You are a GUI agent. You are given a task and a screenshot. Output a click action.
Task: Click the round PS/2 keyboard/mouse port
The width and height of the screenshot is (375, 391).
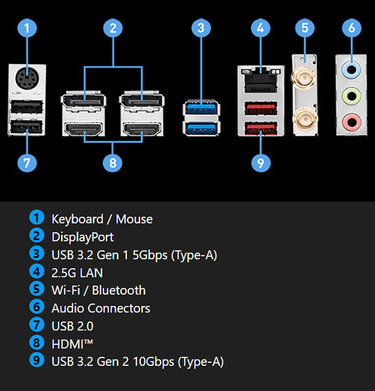(x=27, y=78)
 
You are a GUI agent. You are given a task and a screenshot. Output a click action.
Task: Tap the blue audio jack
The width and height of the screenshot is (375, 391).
(x=351, y=69)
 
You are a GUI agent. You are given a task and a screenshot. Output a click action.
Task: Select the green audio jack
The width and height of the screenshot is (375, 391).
(x=351, y=95)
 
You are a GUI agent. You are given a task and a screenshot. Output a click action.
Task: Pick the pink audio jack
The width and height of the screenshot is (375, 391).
(x=351, y=122)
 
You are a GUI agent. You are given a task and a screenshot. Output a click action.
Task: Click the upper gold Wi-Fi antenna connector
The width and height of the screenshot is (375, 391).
(x=305, y=78)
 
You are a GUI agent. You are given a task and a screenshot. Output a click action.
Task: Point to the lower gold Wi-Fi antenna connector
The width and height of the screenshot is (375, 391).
(x=305, y=118)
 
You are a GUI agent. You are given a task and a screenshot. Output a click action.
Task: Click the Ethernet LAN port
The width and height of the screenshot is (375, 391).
(x=261, y=80)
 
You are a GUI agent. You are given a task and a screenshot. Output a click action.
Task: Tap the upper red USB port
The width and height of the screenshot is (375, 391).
(x=261, y=108)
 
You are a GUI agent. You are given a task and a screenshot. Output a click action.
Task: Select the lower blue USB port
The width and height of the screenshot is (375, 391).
(x=201, y=128)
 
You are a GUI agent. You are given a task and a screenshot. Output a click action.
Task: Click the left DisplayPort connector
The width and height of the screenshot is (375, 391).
(x=84, y=101)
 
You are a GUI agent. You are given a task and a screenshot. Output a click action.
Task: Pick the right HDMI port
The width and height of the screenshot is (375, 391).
(x=142, y=130)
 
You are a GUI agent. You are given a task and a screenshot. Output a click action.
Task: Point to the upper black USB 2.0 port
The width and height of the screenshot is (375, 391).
(x=27, y=107)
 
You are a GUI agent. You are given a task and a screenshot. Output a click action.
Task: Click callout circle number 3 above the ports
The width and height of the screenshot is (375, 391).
(x=201, y=28)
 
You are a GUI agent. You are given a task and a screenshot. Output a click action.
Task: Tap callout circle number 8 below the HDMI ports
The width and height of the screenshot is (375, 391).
(x=113, y=163)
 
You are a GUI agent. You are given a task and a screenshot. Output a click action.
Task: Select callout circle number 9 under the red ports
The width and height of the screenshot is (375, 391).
(x=261, y=163)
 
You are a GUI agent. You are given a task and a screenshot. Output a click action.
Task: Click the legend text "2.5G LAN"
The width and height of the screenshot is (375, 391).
(x=77, y=273)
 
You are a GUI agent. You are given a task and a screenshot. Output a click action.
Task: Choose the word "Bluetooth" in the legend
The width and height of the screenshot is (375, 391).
(x=119, y=290)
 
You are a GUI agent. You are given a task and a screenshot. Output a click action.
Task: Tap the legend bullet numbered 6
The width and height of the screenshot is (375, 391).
(x=37, y=307)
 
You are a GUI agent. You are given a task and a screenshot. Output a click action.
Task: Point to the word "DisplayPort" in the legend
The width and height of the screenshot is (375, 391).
(x=83, y=237)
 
